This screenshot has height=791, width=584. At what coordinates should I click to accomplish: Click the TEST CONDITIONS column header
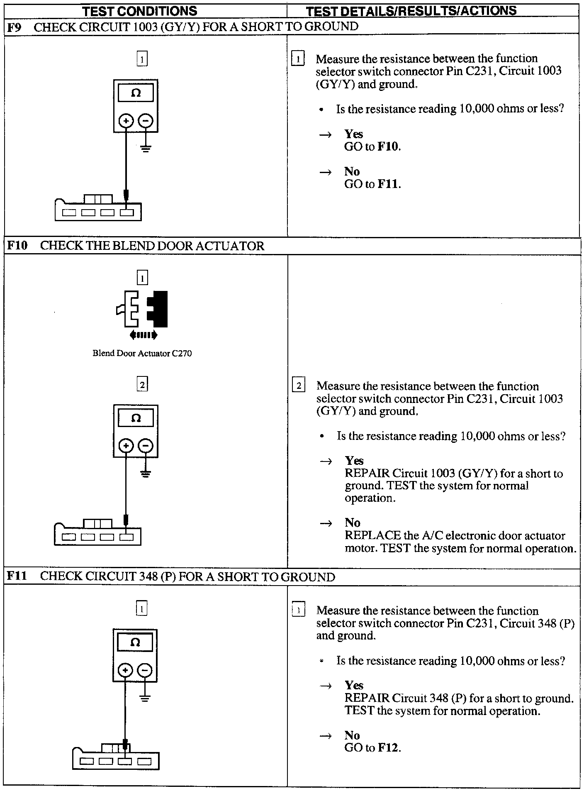[139, 11]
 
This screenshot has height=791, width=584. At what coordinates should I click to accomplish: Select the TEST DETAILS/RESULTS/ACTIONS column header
[411, 11]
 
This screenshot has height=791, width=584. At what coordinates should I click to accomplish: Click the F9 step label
[15, 27]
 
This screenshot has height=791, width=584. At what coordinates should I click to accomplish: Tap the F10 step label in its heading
[17, 246]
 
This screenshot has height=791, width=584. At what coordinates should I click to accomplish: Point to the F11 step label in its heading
[17, 576]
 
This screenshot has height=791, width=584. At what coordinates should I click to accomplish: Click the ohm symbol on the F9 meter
[136, 93]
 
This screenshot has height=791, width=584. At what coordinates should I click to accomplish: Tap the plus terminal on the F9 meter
[126, 121]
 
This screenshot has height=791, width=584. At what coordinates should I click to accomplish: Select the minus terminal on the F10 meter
[145, 446]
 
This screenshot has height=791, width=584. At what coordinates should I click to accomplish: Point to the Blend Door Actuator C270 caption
[142, 354]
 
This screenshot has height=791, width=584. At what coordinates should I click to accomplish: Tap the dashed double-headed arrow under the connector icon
[143, 334]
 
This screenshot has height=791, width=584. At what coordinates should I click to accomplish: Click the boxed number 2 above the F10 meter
[142, 385]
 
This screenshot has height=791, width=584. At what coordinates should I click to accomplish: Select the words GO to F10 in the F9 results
[372, 146]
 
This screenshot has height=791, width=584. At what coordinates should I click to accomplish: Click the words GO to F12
[372, 748]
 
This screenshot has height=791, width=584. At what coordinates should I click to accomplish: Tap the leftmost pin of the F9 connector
[69, 213]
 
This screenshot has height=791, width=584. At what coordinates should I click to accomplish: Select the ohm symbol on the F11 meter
[135, 642]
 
